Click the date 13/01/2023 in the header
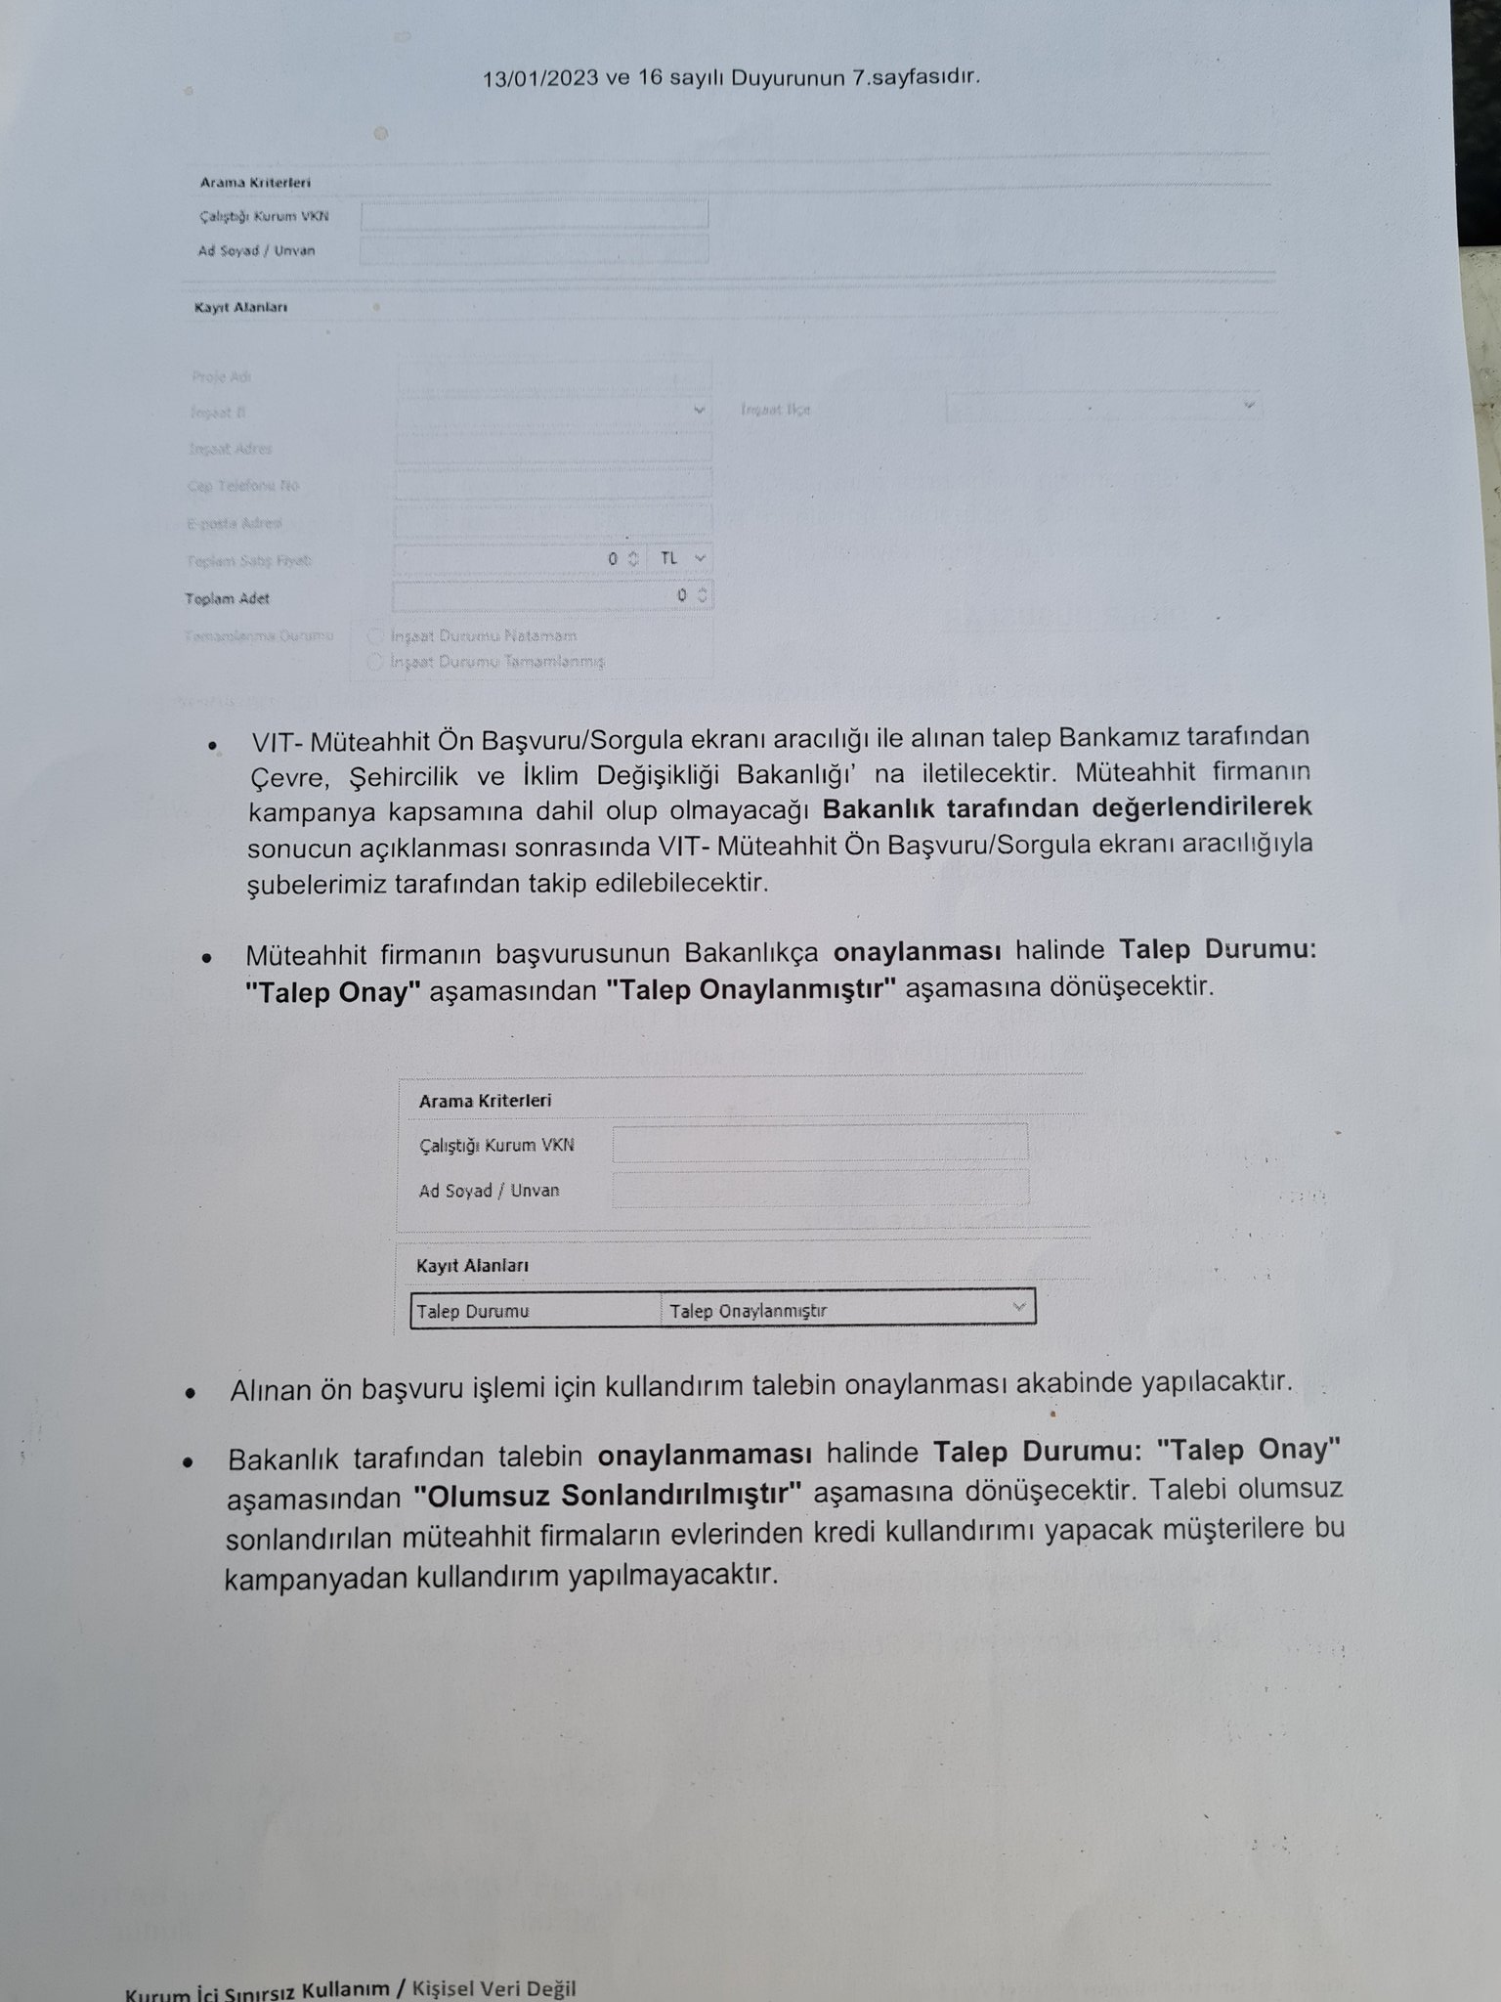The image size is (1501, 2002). [x=539, y=79]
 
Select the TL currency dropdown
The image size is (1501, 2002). [x=682, y=558]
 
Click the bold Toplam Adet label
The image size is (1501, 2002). [x=228, y=598]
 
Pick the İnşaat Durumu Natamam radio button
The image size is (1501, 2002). [x=374, y=635]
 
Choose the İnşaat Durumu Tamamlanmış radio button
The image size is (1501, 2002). [x=374, y=662]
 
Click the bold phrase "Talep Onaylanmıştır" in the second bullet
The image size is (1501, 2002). [x=750, y=988]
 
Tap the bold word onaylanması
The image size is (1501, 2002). [x=918, y=951]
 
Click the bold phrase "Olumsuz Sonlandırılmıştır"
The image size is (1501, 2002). [x=607, y=1495]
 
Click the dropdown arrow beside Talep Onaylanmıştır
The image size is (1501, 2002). [x=1019, y=1307]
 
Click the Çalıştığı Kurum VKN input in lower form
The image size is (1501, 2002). [x=820, y=1143]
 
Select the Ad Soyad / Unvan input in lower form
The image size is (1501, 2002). [x=820, y=1188]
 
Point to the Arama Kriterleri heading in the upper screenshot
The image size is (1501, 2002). [x=255, y=183]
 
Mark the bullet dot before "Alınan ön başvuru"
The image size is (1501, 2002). [x=191, y=1392]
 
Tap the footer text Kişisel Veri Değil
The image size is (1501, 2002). [x=494, y=1988]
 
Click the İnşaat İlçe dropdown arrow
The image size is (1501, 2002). [x=1248, y=404]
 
